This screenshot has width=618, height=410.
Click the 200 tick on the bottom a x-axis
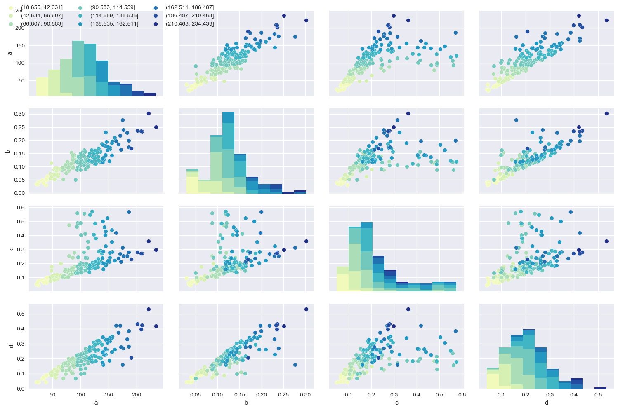pos(137,395)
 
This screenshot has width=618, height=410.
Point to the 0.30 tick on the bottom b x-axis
pos(305,395)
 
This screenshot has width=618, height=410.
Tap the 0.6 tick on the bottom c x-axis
pos(462,395)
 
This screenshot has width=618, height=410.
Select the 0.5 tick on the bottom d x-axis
pos(598,395)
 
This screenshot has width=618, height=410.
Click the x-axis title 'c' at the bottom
pos(396,403)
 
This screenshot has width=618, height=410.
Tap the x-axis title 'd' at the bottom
pos(547,403)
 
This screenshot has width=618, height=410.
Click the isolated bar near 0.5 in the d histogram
pos(600,388)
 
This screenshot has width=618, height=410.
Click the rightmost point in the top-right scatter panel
pos(606,20)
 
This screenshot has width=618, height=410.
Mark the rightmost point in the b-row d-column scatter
pos(606,113)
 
